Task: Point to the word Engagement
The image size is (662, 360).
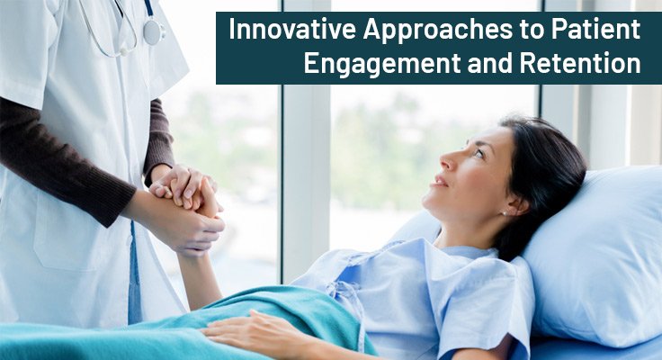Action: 387,65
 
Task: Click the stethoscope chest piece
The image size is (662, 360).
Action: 153,34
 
